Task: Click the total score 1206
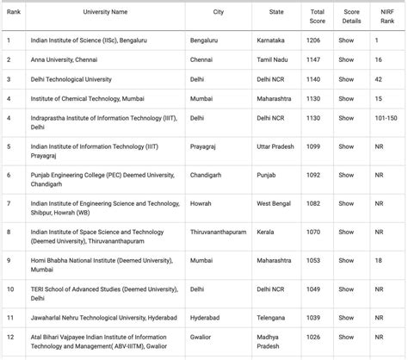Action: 315,40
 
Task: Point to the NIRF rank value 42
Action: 379,79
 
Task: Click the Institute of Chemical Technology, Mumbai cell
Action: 82,99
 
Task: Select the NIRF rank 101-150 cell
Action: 385,119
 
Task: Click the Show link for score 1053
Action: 346,260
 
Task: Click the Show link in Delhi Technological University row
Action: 346,79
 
